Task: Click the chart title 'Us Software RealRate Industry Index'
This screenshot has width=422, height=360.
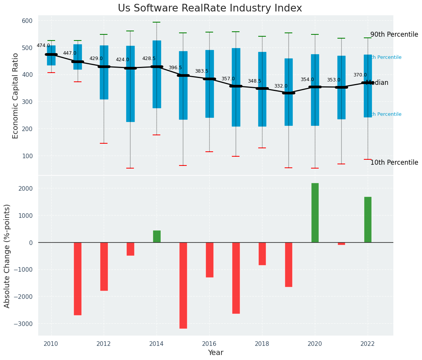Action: point(210,8)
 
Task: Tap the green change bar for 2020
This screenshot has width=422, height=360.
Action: point(315,212)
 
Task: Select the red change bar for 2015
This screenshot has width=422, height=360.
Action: point(183,285)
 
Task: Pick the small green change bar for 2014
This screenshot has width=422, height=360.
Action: point(157,236)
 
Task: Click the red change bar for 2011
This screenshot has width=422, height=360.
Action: point(78,278)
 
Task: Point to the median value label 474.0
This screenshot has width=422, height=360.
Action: point(43,45)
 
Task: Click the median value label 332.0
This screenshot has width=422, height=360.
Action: point(281,86)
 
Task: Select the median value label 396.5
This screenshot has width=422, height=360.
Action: point(175,68)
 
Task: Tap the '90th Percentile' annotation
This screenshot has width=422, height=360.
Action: point(394,34)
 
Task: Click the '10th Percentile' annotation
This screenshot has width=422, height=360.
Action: point(394,162)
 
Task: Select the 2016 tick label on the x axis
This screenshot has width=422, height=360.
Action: point(209,344)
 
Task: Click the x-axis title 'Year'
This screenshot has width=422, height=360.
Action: point(216,352)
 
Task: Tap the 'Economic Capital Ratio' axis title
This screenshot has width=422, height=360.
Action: point(16,96)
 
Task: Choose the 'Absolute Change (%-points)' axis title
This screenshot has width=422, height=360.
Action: point(7,256)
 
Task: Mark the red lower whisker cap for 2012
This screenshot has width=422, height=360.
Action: point(104,143)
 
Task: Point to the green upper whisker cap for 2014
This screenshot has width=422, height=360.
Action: point(156,22)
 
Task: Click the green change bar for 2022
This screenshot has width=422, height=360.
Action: point(368,219)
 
